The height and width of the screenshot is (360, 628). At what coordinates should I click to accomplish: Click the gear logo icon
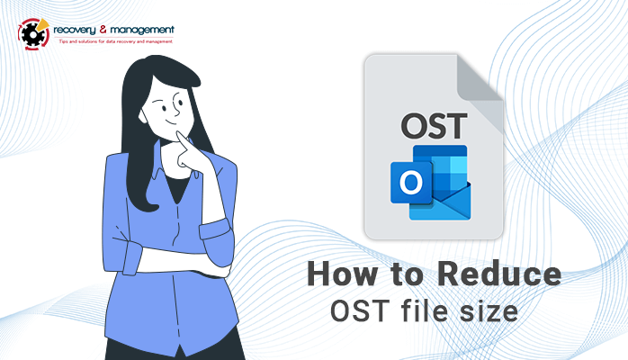tap(33, 34)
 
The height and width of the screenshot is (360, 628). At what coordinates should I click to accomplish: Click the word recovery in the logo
tap(75, 30)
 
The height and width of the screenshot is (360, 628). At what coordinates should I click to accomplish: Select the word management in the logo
tap(142, 30)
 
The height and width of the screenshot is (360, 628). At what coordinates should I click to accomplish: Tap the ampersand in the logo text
tap(103, 29)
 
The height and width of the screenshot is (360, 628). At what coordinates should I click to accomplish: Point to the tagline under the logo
tap(116, 41)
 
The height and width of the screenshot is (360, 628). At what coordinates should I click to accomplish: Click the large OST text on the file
tap(435, 126)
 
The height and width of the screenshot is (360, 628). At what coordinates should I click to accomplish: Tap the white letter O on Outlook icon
tap(411, 182)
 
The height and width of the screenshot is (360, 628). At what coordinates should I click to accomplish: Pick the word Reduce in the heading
tap(499, 274)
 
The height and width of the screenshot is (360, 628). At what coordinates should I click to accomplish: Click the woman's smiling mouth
tap(172, 121)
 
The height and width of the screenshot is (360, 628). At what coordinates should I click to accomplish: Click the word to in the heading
tap(407, 275)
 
